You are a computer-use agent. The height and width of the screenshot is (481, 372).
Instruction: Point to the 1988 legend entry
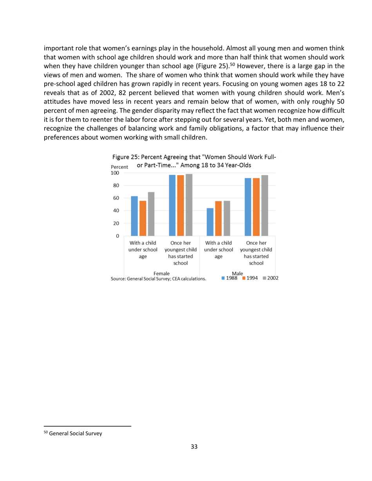pos(230,278)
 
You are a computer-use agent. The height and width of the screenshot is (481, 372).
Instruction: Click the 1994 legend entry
pos(249,278)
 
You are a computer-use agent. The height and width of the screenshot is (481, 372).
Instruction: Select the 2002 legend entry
pos(269,278)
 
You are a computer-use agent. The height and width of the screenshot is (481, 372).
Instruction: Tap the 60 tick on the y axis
pos(116,198)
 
